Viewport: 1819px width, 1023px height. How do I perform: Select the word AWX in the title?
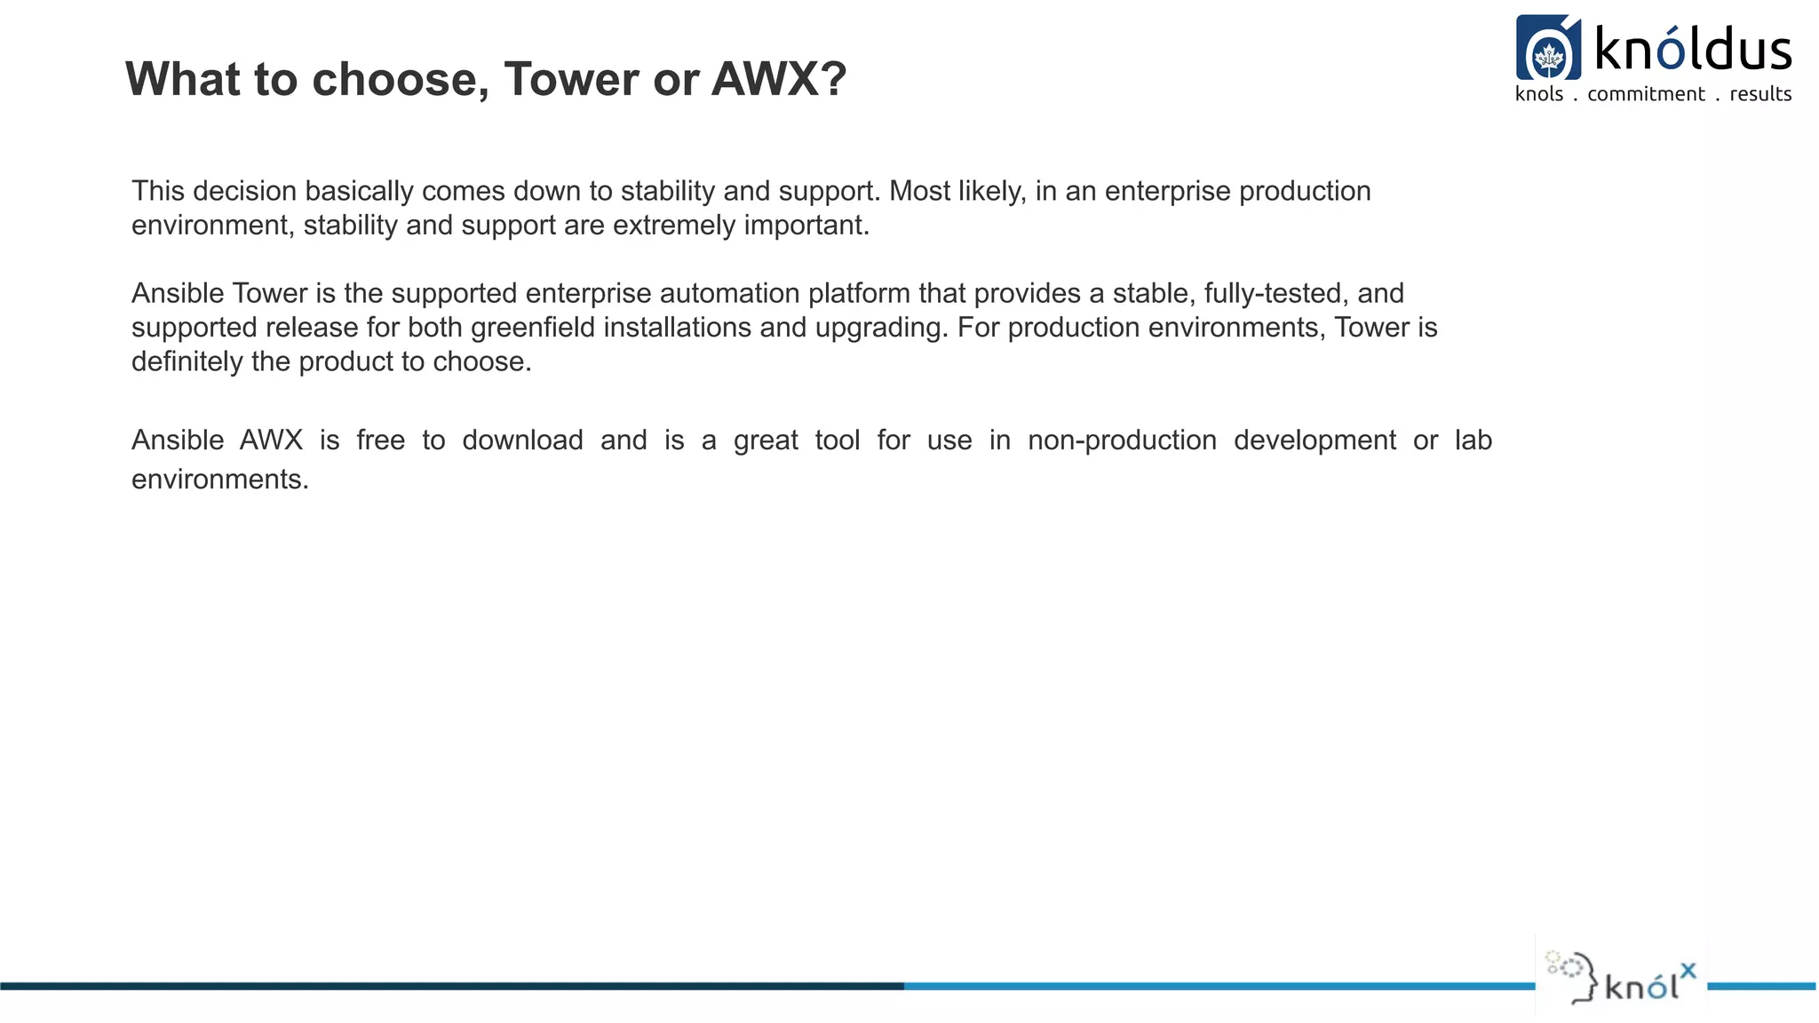coord(764,79)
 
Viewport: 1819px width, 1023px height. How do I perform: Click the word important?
coord(806,225)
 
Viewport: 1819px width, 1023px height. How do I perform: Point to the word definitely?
coord(187,361)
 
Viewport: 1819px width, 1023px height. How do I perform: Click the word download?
coord(522,440)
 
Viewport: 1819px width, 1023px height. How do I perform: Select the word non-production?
coord(1122,440)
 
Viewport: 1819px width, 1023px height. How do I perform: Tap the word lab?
coord(1473,440)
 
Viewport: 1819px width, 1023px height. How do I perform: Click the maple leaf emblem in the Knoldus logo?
coord(1548,57)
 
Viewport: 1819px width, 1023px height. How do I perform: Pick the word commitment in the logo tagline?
coord(1646,94)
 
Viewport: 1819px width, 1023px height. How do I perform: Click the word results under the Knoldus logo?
coord(1760,94)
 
